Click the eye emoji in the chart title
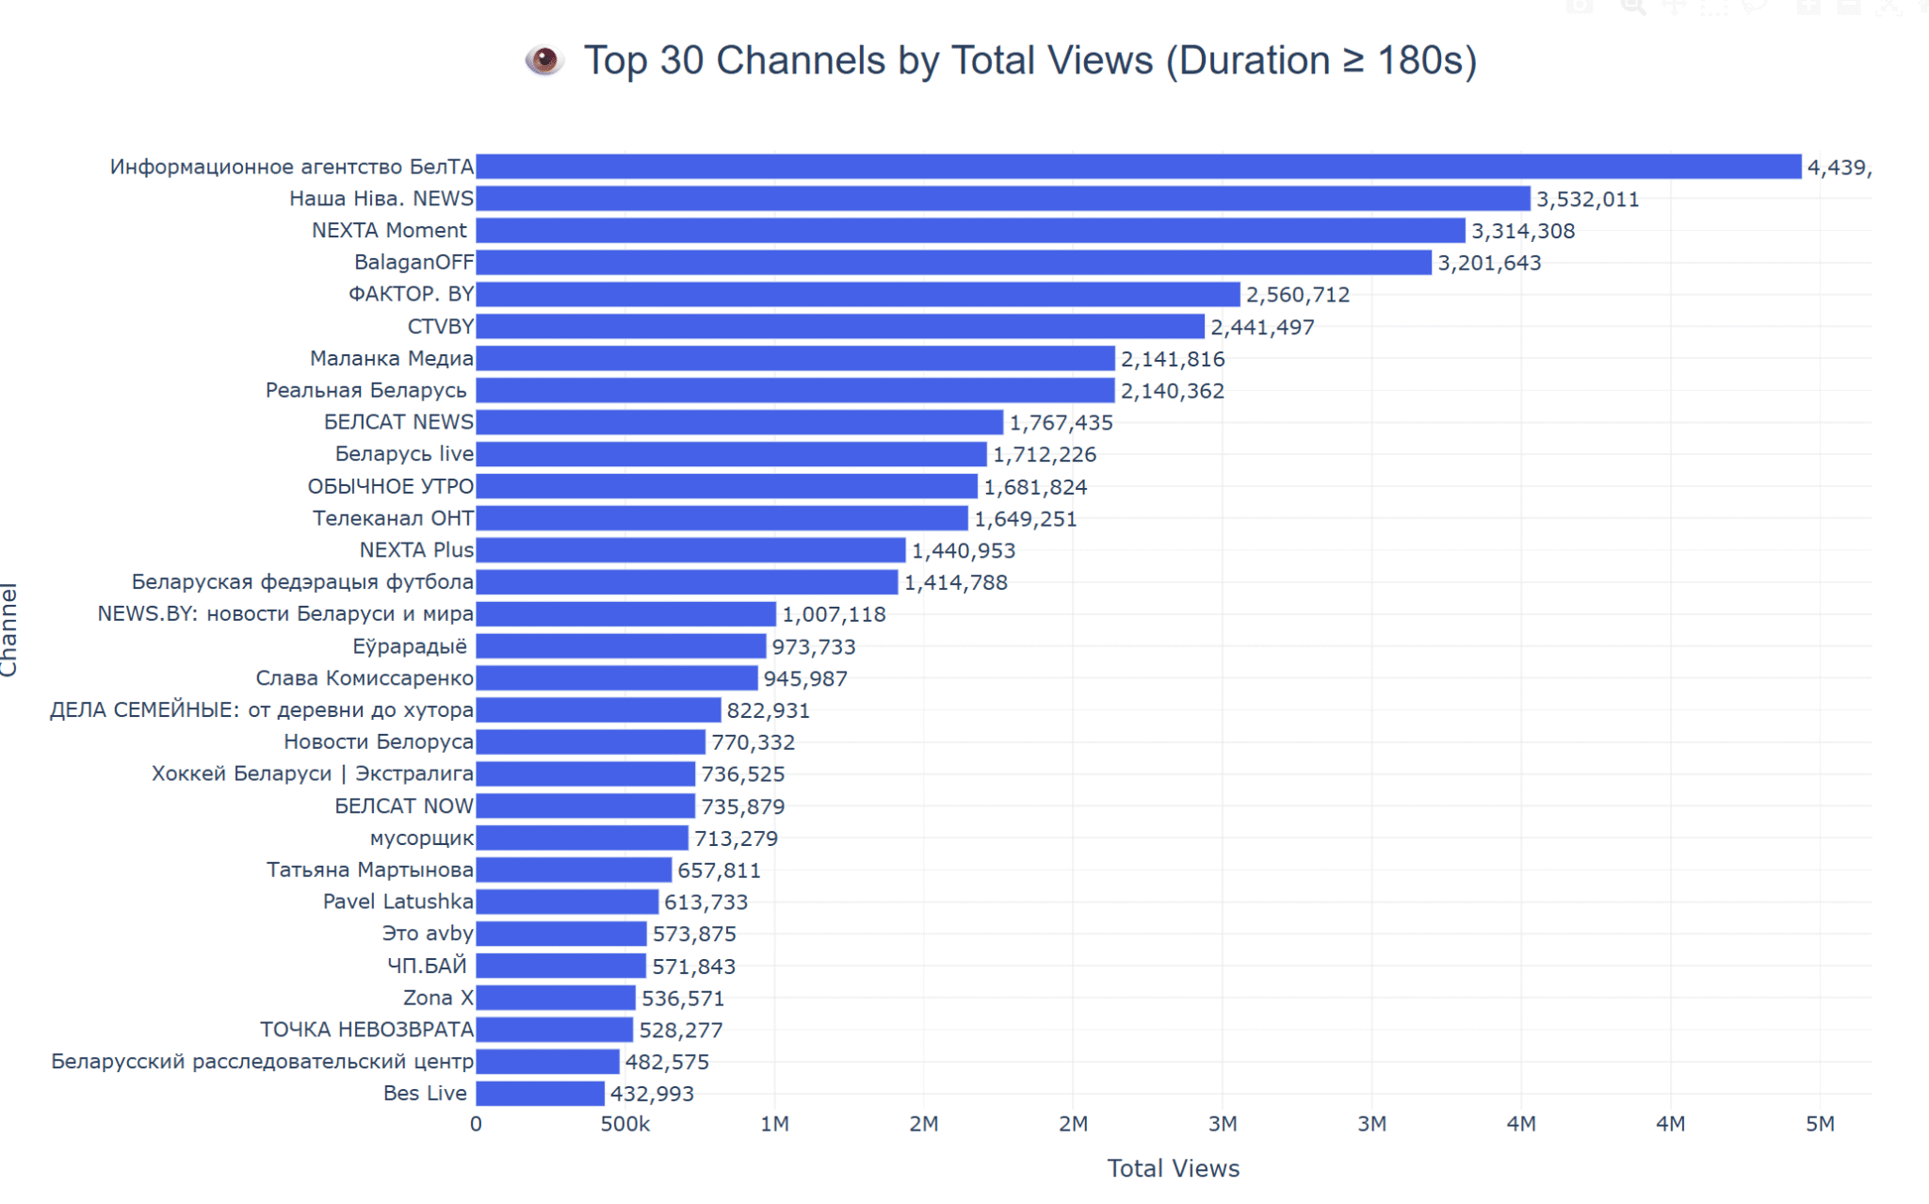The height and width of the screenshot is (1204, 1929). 543,60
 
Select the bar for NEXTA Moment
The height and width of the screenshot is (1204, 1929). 970,231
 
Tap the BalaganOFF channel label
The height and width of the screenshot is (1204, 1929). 413,263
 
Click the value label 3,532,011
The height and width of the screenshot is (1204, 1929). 1587,200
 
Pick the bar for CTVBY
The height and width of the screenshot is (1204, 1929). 839,327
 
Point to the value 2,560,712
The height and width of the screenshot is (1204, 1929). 1297,295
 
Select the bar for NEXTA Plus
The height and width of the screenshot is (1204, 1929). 690,550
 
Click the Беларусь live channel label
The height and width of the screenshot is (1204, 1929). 404,454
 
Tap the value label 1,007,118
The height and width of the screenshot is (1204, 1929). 834,615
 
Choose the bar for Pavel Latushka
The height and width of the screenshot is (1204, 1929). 567,902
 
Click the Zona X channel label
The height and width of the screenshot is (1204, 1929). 438,998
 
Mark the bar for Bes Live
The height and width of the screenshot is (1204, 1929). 540,1094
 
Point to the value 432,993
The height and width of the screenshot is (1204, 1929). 652,1094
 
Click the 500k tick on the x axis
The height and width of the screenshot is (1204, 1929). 624,1124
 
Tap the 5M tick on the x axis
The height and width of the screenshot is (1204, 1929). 1820,1124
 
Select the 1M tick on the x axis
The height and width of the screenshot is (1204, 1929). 774,1124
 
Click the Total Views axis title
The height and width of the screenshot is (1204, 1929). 1173,1169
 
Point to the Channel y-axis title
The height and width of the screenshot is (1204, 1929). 9,629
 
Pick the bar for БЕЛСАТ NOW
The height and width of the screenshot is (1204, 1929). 585,806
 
